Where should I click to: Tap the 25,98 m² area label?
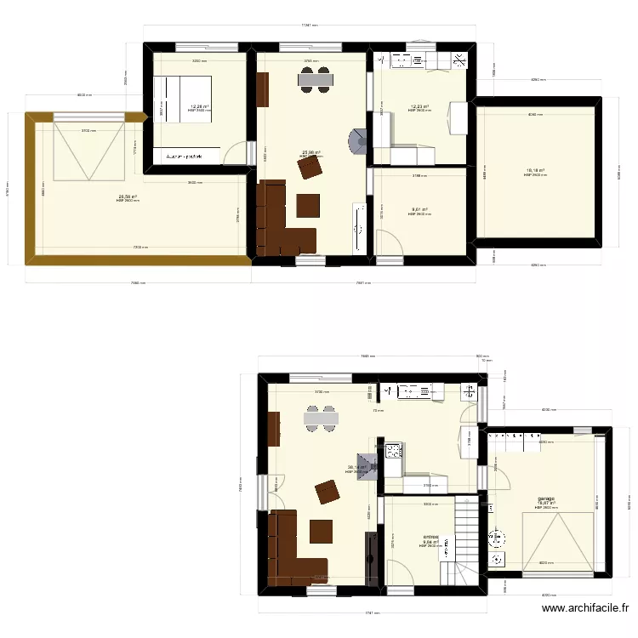pyautogui.click(x=312, y=153)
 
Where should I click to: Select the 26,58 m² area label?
pyautogui.click(x=128, y=197)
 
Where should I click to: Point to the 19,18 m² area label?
pyautogui.click(x=535, y=170)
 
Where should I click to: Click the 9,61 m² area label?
pyautogui.click(x=419, y=209)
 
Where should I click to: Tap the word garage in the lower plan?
pyautogui.click(x=545, y=498)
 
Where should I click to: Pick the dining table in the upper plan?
pyautogui.click(x=314, y=79)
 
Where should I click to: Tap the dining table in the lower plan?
pyautogui.click(x=322, y=418)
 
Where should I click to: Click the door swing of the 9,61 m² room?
pyautogui.click(x=388, y=242)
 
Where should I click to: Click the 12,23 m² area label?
pyautogui.click(x=419, y=106)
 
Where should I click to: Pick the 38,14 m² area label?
pyautogui.click(x=357, y=466)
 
